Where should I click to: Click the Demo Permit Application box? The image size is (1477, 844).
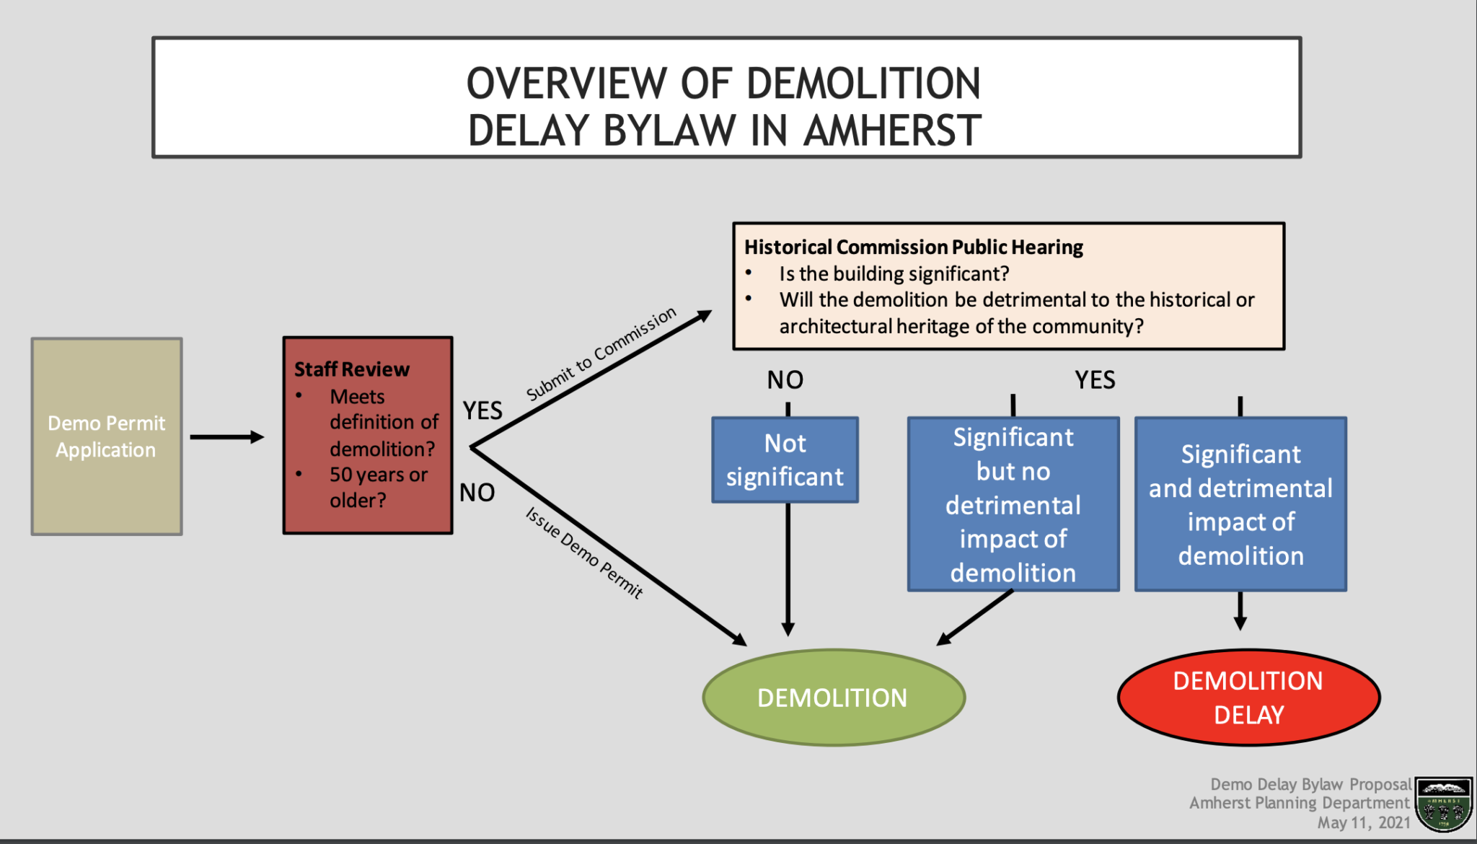(x=107, y=436)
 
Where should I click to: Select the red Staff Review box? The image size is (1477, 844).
(x=368, y=435)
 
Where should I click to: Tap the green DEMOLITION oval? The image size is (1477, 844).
(x=834, y=698)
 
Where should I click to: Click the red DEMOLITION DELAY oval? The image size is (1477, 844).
(x=1248, y=698)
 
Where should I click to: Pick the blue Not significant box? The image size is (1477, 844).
(x=785, y=460)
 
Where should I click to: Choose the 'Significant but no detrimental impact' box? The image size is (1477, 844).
(x=1013, y=504)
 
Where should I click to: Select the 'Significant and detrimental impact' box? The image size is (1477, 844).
(x=1240, y=504)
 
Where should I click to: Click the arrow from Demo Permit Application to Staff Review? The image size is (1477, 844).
(x=226, y=437)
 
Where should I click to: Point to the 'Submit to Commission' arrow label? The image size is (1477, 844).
(x=601, y=353)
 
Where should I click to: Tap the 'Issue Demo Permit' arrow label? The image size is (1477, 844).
(x=584, y=553)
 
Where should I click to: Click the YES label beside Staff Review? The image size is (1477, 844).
(x=482, y=410)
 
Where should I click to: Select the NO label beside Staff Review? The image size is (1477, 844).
(x=477, y=493)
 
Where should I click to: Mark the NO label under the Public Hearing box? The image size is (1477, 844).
(x=785, y=380)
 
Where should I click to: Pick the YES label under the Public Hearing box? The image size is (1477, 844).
(x=1095, y=380)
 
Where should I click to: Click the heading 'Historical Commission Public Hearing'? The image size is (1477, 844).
(x=913, y=247)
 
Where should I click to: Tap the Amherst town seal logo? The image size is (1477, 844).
(x=1443, y=804)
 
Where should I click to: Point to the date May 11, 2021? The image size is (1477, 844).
(x=1363, y=823)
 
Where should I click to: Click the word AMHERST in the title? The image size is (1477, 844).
(x=892, y=131)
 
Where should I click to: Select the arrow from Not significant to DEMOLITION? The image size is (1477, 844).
(x=788, y=570)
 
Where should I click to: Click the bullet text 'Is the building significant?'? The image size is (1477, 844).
(x=894, y=274)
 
